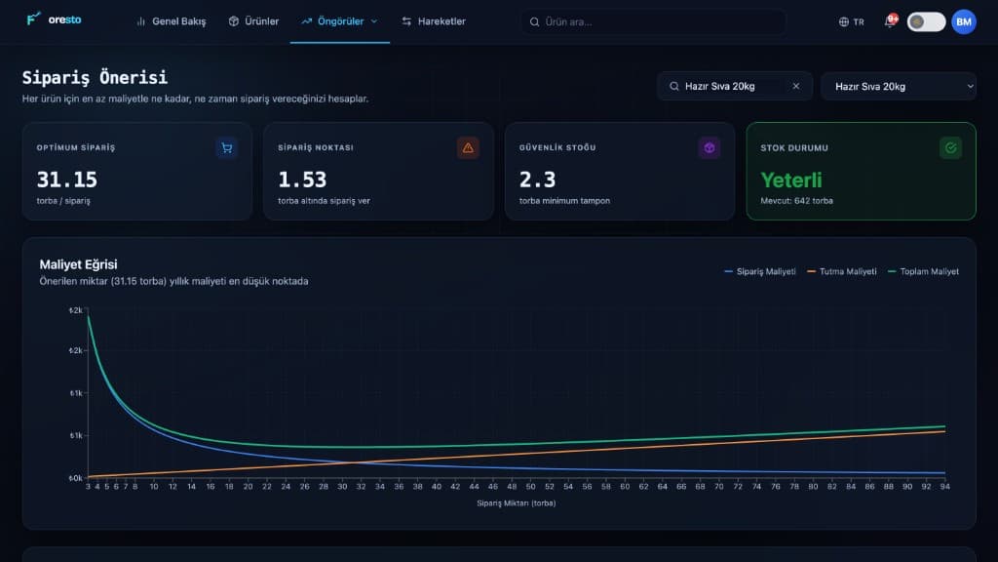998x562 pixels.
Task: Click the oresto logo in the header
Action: pos(55,20)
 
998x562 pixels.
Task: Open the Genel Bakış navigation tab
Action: pos(172,21)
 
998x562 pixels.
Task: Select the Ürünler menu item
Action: pos(253,21)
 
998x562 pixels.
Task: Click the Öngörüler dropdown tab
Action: pos(340,21)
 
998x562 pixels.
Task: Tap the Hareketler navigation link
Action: pos(434,21)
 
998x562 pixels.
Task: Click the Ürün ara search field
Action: pos(653,21)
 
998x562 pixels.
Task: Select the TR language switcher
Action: pos(852,21)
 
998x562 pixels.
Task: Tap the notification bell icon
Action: pos(890,21)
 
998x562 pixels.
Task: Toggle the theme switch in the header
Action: pos(926,21)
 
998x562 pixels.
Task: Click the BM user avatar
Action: pos(964,21)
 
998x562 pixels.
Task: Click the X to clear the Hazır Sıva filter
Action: pos(795,86)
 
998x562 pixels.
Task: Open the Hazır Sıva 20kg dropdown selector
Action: pos(898,86)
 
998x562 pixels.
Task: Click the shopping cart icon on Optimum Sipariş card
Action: pos(226,148)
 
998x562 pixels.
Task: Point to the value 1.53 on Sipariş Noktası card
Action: pos(302,180)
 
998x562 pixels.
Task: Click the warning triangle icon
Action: pos(468,148)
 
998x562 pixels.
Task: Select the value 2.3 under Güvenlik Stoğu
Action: pos(537,180)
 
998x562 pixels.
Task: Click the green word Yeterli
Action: pos(791,181)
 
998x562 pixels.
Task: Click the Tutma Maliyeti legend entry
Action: pos(841,271)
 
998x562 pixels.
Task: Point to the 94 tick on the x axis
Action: pos(944,486)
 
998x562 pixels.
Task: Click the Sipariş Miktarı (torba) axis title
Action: pos(517,502)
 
